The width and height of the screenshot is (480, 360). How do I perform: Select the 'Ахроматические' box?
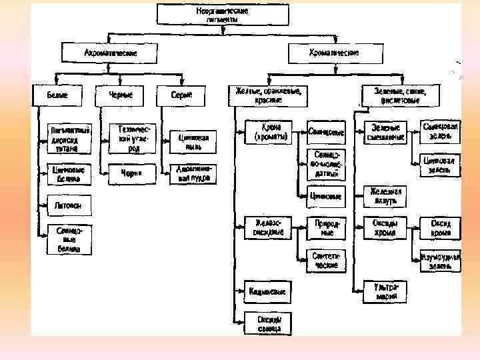pyautogui.click(x=110, y=53)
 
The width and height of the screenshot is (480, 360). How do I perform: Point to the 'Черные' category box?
pyautogui.click(x=120, y=95)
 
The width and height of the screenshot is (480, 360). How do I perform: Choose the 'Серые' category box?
pyautogui.click(x=181, y=95)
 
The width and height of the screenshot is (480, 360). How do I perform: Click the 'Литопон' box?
pyautogui.click(x=68, y=206)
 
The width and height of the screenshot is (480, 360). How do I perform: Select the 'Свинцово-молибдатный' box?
pyautogui.click(x=327, y=164)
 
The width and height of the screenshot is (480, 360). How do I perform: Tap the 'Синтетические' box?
pyautogui.click(x=326, y=260)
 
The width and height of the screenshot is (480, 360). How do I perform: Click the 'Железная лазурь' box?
pyautogui.click(x=387, y=195)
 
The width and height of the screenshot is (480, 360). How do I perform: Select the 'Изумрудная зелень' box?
pyautogui.click(x=441, y=261)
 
